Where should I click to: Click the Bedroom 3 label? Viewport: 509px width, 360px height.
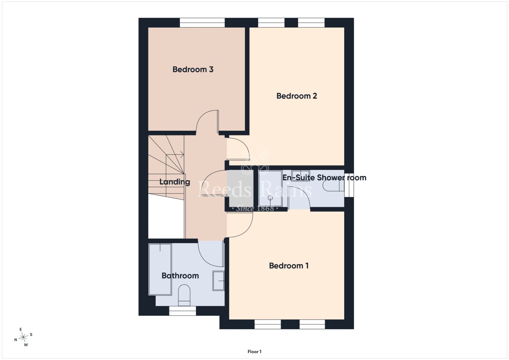pyautogui.click(x=193, y=69)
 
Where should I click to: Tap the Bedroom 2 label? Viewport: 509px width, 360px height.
pyautogui.click(x=296, y=96)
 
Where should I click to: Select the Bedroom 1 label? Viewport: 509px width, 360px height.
pyautogui.click(x=289, y=266)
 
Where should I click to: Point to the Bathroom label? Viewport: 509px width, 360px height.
pyautogui.click(x=180, y=275)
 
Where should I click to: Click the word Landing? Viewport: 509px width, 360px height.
pyautogui.click(x=175, y=182)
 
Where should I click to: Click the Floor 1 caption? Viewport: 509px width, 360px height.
pyautogui.click(x=254, y=352)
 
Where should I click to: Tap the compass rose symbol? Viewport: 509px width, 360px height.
pyautogui.click(x=24, y=337)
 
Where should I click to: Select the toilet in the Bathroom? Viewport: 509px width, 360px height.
pyautogui.click(x=184, y=295)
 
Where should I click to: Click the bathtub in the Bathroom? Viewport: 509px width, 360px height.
pyautogui.click(x=160, y=269)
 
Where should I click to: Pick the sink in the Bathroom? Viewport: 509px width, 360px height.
pyautogui.click(x=218, y=281)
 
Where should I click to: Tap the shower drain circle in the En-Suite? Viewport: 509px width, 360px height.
pyautogui.click(x=270, y=198)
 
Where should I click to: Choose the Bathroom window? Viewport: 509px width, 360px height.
pyautogui.click(x=183, y=311)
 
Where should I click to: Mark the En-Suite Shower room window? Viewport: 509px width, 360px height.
pyautogui.click(x=349, y=185)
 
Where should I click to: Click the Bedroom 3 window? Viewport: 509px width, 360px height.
pyautogui.click(x=202, y=23)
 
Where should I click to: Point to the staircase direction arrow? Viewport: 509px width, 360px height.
pyautogui.click(x=175, y=155)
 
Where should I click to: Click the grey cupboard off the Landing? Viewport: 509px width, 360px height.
pyautogui.click(x=241, y=188)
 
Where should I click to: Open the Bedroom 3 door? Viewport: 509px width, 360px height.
pyautogui.click(x=207, y=121)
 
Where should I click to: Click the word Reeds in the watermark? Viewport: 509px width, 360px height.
pyautogui.click(x=224, y=189)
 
